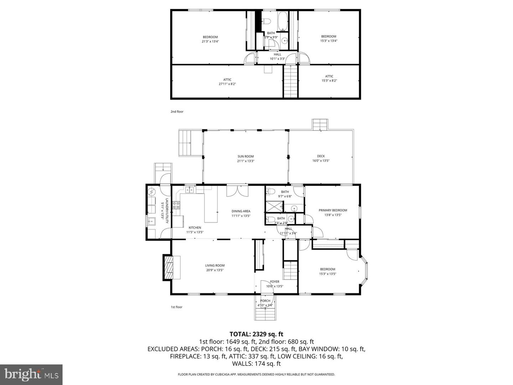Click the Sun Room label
245,159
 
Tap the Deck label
321,158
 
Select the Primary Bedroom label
333,212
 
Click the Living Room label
215,268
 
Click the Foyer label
275,284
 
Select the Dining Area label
241,213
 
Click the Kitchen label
195,230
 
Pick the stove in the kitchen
176,205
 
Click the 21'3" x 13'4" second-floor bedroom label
210,39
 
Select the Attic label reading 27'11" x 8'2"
227,82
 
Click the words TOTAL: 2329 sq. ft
256,334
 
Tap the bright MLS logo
31,374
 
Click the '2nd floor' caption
177,112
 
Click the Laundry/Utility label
164,211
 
